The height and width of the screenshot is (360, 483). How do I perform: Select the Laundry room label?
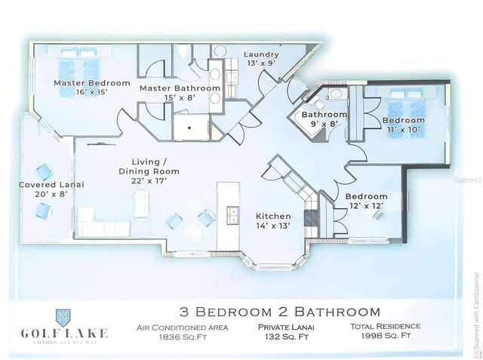262,59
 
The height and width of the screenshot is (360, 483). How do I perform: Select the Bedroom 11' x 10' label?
403,125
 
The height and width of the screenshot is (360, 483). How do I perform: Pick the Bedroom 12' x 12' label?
367,202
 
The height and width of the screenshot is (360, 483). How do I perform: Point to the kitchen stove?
311,218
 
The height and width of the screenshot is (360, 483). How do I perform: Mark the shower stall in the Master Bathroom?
190,127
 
